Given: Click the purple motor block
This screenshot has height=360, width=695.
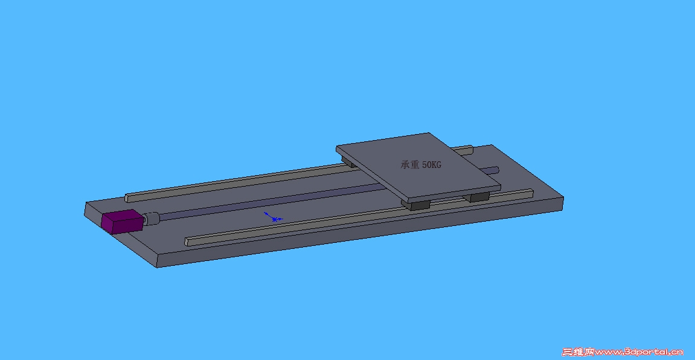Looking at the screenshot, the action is tap(123, 221).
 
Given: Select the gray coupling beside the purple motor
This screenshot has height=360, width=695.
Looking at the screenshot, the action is tap(151, 219).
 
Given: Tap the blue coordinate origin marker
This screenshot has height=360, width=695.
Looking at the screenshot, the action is tap(274, 217).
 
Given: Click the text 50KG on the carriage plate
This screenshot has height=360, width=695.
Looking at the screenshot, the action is tap(432, 164).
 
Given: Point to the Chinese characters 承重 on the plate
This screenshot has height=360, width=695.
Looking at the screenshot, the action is tap(410, 164).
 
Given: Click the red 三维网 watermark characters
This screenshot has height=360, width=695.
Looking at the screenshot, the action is tap(578, 352).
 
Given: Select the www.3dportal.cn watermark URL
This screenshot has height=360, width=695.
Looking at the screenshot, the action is tap(639, 352).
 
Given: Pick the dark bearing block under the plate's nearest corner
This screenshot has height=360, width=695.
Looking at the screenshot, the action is tap(416, 205).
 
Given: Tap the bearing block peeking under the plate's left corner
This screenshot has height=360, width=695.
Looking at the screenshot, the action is tap(348, 162).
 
